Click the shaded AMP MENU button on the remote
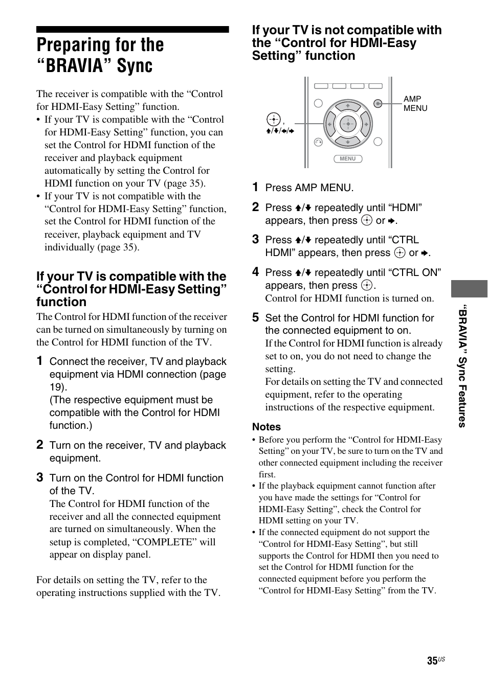pos(378,103)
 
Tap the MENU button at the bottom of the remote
pos(348,159)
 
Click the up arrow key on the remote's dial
pos(348,106)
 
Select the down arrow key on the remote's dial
pos(348,142)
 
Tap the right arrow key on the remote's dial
pos(366,124)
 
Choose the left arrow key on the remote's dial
pos(330,124)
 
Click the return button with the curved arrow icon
pos(318,142)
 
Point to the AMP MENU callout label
pos(415,104)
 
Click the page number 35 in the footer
pos(432,661)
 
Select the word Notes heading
pos(267,427)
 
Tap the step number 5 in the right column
pos(256,318)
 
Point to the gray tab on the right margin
pos(469,289)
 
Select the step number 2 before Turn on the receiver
pos(40,445)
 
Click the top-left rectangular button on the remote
pos(321,86)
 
